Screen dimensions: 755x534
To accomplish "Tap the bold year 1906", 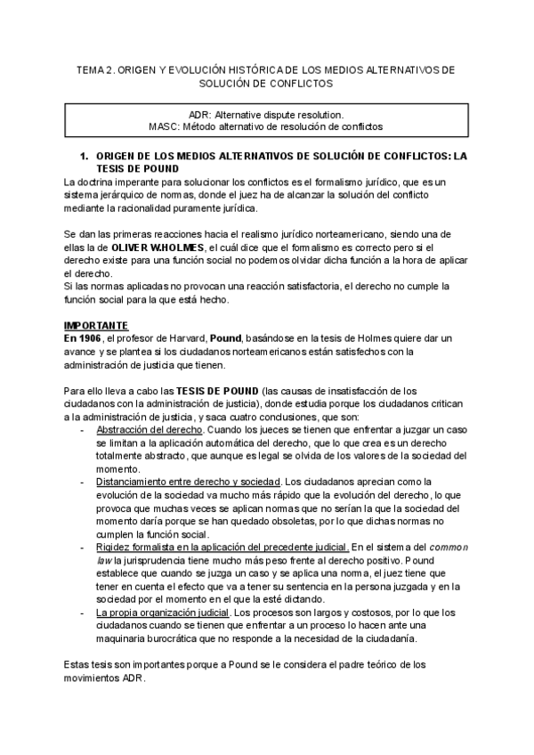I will click(87, 339).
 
